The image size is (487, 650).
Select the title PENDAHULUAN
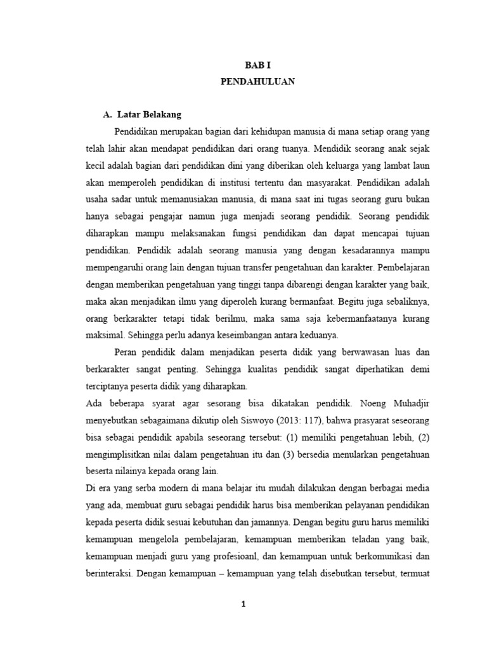point(257,82)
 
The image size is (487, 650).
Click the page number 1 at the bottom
point(243,605)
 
